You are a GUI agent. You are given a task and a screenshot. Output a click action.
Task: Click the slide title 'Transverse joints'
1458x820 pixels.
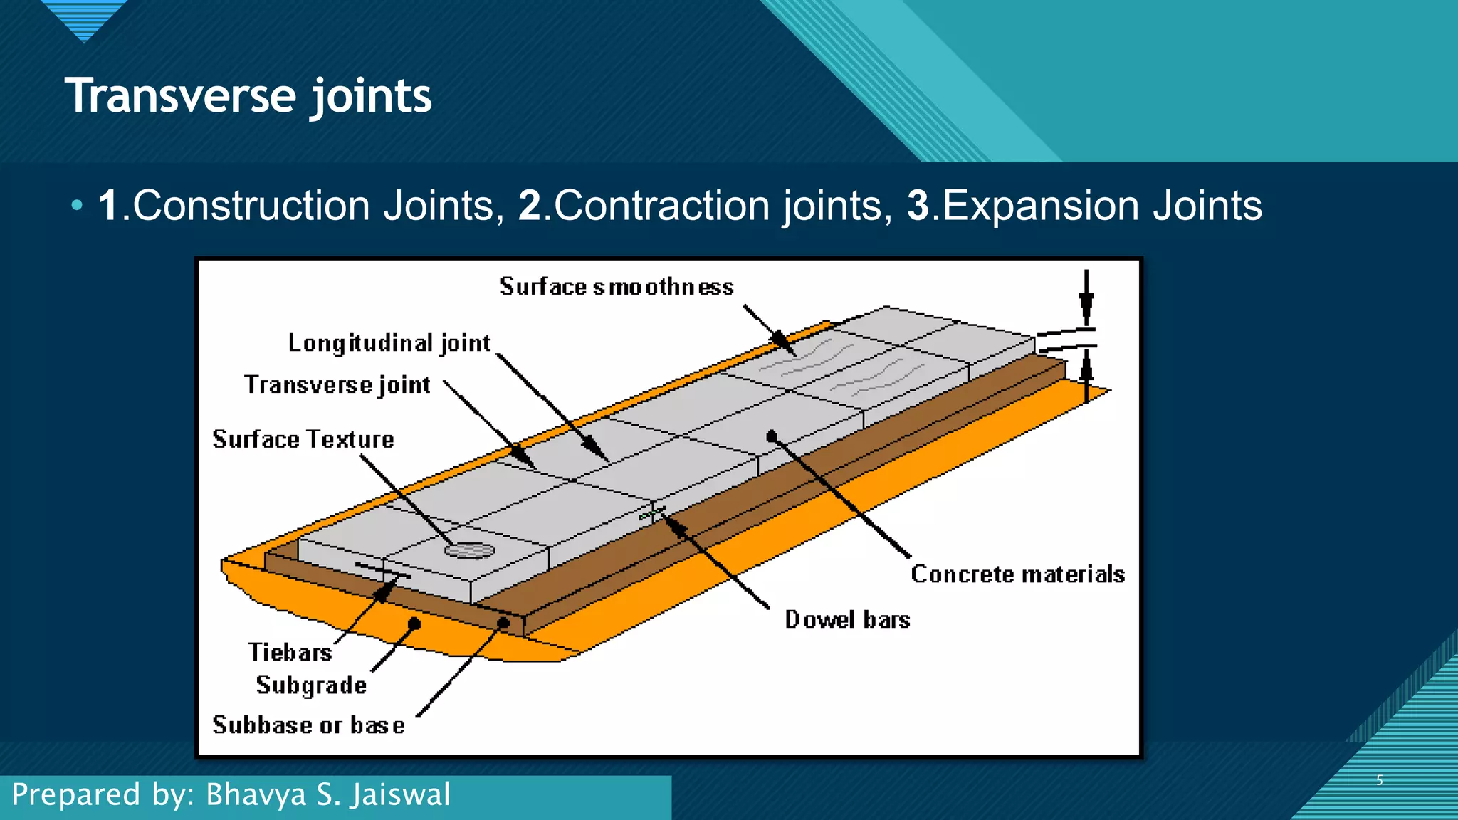[x=248, y=96]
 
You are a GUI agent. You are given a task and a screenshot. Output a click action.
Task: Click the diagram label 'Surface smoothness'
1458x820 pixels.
[x=617, y=287]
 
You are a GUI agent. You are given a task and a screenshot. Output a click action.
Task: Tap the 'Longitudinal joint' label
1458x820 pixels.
[x=389, y=344]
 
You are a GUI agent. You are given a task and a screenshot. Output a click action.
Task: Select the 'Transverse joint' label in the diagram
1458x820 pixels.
[x=337, y=385]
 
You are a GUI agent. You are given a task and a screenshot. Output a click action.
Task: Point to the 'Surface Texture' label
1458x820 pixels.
[x=303, y=440]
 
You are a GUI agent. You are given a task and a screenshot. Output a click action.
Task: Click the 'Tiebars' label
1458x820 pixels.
[x=290, y=652]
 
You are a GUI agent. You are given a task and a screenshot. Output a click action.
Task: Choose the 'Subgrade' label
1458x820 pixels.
[x=311, y=685]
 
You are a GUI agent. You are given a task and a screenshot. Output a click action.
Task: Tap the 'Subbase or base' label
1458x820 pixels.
[x=308, y=725]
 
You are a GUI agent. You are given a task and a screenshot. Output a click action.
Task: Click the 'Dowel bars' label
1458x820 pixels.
[x=847, y=620]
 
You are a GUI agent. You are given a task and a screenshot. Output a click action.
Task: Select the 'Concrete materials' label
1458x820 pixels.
[x=1017, y=574]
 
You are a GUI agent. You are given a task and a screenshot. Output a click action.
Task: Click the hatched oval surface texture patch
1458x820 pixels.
[x=469, y=550]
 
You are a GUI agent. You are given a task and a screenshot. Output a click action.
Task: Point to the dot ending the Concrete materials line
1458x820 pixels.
[x=772, y=436]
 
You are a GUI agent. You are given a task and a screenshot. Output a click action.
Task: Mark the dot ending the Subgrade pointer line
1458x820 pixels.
[x=414, y=624]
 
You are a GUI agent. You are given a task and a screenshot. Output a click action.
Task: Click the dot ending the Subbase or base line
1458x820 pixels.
[x=503, y=624]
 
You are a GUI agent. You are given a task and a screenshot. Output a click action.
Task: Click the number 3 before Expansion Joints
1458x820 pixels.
[x=918, y=206]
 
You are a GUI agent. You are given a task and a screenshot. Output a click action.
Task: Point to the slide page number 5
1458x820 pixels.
[x=1379, y=780]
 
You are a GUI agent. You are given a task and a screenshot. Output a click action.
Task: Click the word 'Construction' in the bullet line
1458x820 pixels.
[x=251, y=206]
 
